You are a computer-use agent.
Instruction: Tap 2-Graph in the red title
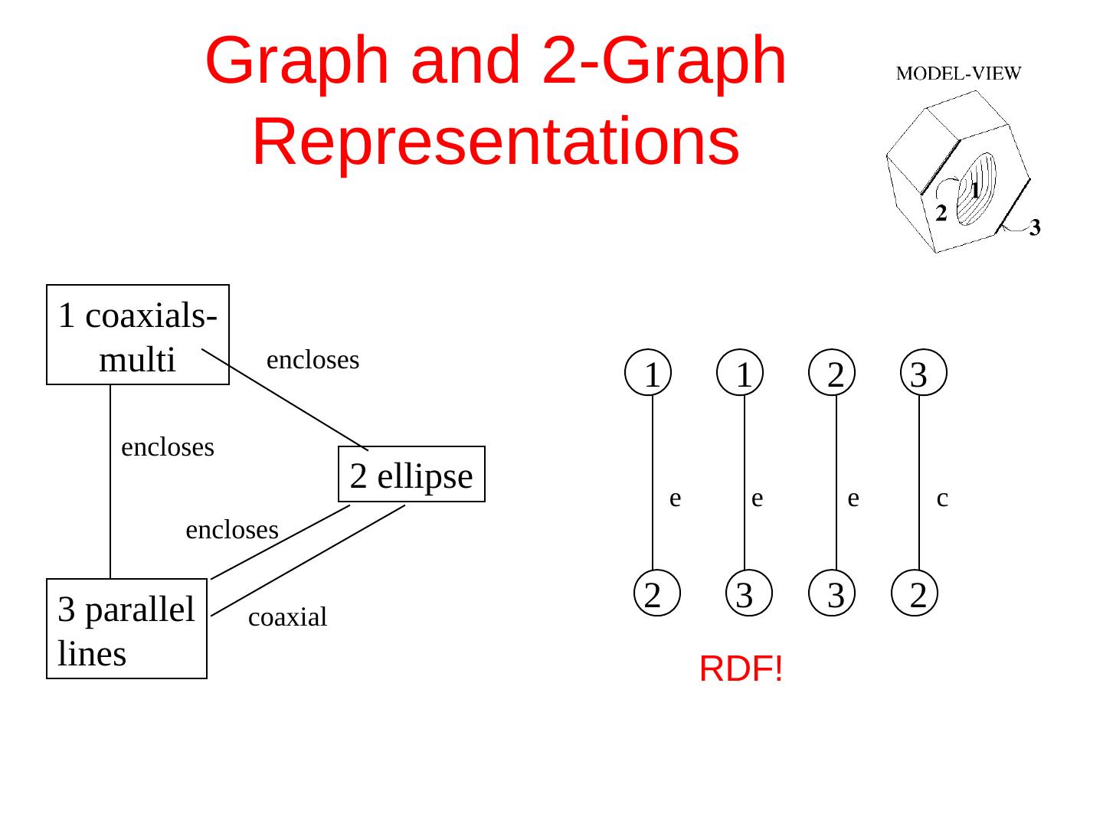pyautogui.click(x=663, y=61)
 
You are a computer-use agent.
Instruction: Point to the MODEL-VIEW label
pyautogui.click(x=958, y=74)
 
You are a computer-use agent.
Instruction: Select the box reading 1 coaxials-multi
pyautogui.click(x=138, y=335)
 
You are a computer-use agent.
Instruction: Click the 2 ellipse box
pyautogui.click(x=411, y=475)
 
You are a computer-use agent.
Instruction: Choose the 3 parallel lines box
pyautogui.click(x=126, y=629)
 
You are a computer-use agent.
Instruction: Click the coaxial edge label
pyautogui.click(x=287, y=617)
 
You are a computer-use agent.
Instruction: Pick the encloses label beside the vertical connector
pyautogui.click(x=168, y=447)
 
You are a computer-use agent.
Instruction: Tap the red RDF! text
pyautogui.click(x=741, y=670)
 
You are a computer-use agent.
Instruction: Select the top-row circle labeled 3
pyautogui.click(x=919, y=374)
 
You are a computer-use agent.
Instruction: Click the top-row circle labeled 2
pyautogui.click(x=836, y=374)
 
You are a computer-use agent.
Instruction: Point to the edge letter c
pyautogui.click(x=942, y=498)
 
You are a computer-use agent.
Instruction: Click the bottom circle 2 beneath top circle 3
pyautogui.click(x=919, y=594)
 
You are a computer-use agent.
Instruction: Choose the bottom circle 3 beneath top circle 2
pyautogui.click(x=836, y=594)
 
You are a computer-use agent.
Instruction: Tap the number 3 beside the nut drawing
pyautogui.click(x=1034, y=227)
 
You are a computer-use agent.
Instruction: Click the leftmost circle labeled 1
pyautogui.click(x=652, y=374)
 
